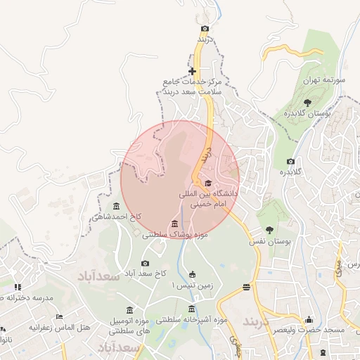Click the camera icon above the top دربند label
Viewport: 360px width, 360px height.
click(205, 29)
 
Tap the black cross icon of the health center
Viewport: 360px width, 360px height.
click(192, 71)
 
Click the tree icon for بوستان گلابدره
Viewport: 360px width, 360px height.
click(307, 103)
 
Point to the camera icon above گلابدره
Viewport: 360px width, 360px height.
click(290, 162)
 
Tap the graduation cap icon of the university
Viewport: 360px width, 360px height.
click(208, 183)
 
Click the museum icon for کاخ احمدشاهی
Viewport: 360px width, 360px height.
click(116, 206)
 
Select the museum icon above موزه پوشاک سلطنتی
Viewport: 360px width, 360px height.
click(174, 224)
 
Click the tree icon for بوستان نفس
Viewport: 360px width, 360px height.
click(269, 230)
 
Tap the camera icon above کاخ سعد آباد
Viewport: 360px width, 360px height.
click(145, 262)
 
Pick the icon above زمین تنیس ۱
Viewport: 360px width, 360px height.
click(192, 274)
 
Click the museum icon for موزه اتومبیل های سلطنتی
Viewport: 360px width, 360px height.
click(129, 310)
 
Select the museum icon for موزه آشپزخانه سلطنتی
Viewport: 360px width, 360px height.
click(192, 309)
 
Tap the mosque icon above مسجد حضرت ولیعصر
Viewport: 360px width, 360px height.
click(308, 321)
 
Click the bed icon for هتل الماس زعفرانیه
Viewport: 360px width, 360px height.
click(59, 317)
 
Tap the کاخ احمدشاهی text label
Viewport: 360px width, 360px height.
click(116, 217)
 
